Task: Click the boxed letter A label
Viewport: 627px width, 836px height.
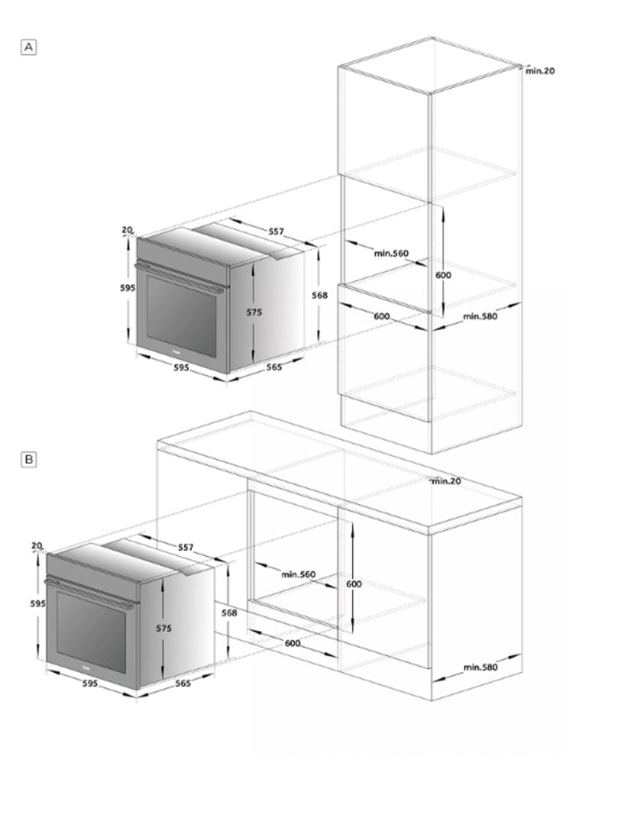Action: point(28,48)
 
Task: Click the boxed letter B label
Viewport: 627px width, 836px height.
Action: point(28,459)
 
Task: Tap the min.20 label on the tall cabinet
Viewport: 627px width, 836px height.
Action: point(540,70)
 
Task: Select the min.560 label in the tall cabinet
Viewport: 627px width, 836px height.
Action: point(390,253)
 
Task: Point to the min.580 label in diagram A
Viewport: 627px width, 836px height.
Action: point(480,316)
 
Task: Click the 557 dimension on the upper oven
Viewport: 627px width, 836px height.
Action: point(276,232)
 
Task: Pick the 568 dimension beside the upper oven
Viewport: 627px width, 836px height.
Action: point(319,295)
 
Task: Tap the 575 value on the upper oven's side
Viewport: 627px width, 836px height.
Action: point(254,312)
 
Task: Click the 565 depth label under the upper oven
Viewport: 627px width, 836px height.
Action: point(274,367)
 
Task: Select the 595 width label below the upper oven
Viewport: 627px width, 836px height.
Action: point(181,367)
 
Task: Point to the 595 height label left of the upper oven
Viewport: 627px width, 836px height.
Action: point(127,288)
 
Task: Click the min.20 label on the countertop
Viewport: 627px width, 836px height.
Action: point(446,481)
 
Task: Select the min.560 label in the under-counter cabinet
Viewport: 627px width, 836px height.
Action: point(298,574)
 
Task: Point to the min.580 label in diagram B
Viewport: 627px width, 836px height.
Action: point(480,667)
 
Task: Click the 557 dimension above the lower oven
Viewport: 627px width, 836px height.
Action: point(186,548)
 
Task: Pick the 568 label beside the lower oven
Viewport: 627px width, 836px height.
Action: point(229,613)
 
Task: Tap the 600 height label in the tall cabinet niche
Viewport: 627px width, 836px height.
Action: point(444,275)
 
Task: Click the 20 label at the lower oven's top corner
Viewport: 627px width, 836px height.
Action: point(36,545)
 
